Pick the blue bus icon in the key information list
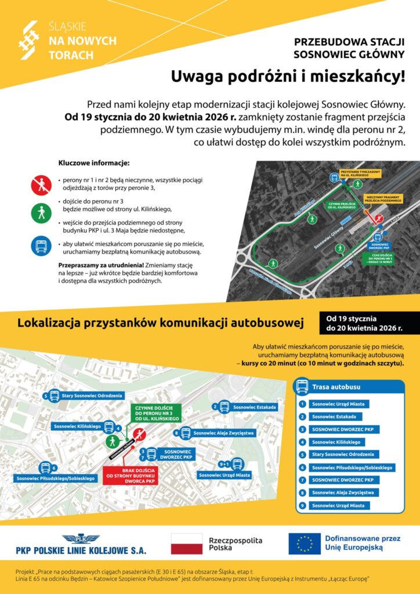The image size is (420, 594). [41, 245]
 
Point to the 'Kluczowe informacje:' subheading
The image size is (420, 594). [94, 164]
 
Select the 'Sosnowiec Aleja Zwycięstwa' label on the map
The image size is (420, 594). [223, 433]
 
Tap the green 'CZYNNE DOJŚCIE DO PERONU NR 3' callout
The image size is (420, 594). [155, 411]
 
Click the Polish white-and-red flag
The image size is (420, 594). [186, 544]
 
